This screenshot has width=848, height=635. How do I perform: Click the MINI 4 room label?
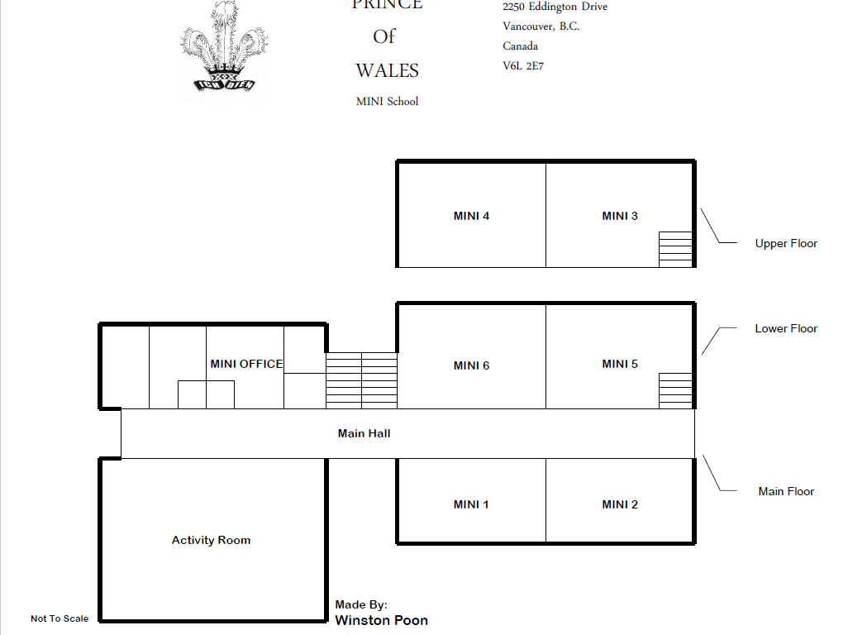(471, 217)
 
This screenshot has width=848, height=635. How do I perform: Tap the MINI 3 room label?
(620, 217)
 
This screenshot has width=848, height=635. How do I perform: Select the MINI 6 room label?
(471, 365)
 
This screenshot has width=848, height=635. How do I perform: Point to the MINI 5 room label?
(620, 364)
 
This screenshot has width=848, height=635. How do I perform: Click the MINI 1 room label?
(471, 504)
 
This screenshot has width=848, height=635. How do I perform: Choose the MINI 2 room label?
(620, 504)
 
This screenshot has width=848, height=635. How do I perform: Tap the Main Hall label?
(364, 433)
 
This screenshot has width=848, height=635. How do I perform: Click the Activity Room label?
(211, 540)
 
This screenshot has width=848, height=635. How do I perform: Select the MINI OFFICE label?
(246, 364)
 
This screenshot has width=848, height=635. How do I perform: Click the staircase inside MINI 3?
(675, 249)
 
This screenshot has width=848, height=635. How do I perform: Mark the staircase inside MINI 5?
(675, 390)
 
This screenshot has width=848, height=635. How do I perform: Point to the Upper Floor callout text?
(786, 243)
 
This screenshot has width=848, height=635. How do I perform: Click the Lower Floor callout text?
(786, 328)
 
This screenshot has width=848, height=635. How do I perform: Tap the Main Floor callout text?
(786, 491)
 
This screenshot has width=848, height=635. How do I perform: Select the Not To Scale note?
(60, 618)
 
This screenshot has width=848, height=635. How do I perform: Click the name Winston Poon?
(381, 620)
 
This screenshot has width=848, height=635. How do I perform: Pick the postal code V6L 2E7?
(523, 66)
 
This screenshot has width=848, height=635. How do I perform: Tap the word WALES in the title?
(387, 71)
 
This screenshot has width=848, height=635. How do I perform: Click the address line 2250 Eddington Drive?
(555, 7)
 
